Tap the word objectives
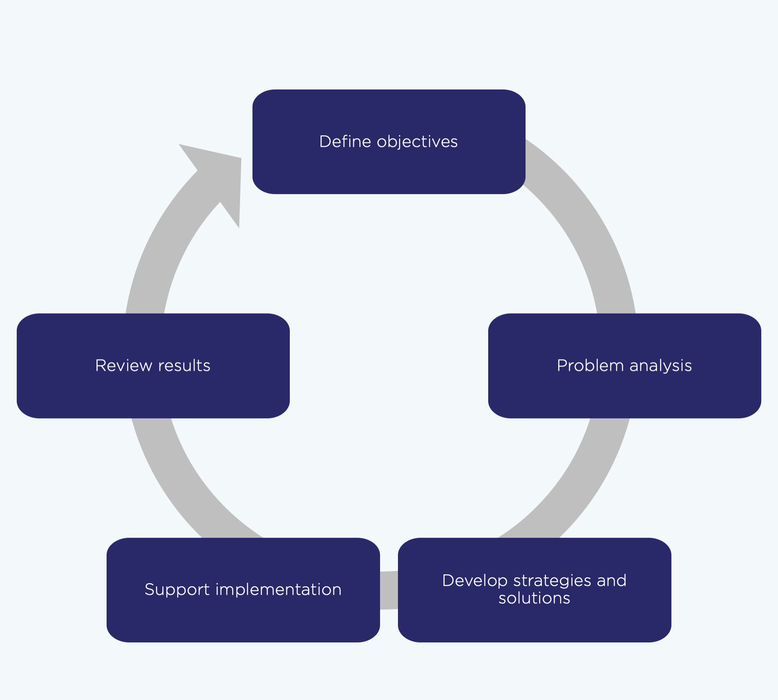pos(417,142)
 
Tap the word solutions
pos(534,598)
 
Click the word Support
pos(177,589)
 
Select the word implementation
pos(278,589)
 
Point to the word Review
pos(123,366)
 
